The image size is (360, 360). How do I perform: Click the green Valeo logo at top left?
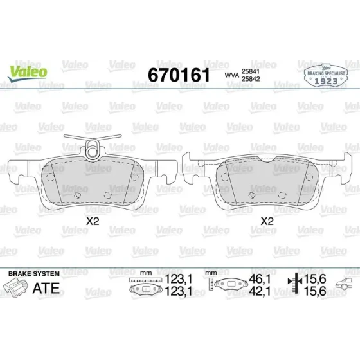click(28, 73)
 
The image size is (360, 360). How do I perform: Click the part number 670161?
click(179, 75)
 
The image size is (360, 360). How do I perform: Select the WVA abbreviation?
click(231, 75)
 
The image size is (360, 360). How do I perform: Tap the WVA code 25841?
click(251, 71)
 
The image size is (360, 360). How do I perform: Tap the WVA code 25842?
click(251, 79)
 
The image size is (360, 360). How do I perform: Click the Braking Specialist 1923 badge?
click(326, 76)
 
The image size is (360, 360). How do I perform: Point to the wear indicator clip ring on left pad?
click(93, 150)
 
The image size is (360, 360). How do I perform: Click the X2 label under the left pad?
click(93, 221)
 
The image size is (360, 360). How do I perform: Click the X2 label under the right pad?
click(267, 221)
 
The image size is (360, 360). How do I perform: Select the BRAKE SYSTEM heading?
click(34, 274)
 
